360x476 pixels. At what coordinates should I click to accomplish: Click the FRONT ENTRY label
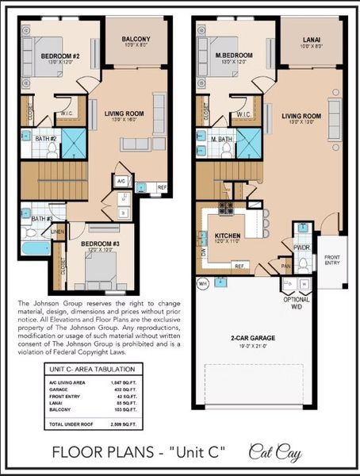coord(333,259)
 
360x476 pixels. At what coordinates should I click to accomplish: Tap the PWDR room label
coord(301,247)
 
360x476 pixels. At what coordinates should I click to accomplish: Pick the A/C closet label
coord(121,180)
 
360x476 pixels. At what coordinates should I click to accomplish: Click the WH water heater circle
coord(203,283)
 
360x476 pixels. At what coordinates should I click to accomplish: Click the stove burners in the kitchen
coord(226,209)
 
